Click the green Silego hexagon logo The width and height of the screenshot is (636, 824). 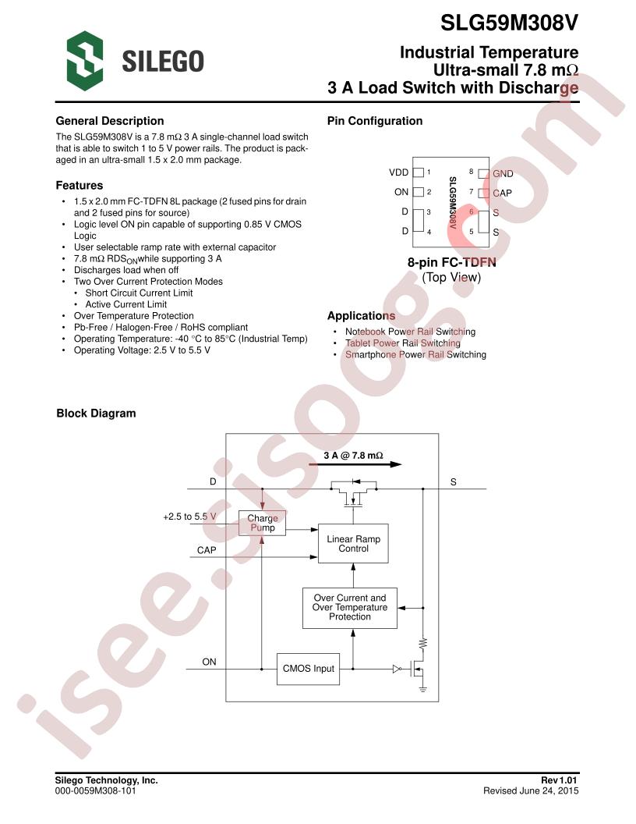pyautogui.click(x=84, y=60)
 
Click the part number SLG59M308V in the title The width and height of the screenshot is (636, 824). pyautogui.click(x=509, y=23)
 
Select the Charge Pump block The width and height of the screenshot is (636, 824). pyautogui.click(x=263, y=523)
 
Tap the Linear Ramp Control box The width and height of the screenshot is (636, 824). pyautogui.click(x=353, y=543)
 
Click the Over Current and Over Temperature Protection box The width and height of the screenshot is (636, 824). pyautogui.click(x=349, y=608)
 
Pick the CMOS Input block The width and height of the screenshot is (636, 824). pyautogui.click(x=308, y=669)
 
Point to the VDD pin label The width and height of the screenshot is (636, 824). pyautogui.click(x=398, y=172)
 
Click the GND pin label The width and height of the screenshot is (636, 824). pyautogui.click(x=503, y=173)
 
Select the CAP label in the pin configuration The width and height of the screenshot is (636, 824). pyautogui.click(x=502, y=193)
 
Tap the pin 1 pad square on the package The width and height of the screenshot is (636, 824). pyautogui.click(x=419, y=172)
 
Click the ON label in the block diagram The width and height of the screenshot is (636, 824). pyautogui.click(x=209, y=662)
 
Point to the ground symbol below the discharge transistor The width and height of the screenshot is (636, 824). pyautogui.click(x=422, y=688)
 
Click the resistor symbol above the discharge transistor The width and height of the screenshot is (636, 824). pyautogui.click(x=422, y=643)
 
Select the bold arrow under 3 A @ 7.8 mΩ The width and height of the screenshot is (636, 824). pyautogui.click(x=355, y=464)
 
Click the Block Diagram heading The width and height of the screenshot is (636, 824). pyautogui.click(x=96, y=414)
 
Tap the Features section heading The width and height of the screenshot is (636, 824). pyautogui.click(x=79, y=186)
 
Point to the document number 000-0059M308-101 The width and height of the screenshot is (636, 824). pyautogui.click(x=96, y=790)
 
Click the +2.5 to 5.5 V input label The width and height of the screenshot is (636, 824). pyautogui.click(x=189, y=517)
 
